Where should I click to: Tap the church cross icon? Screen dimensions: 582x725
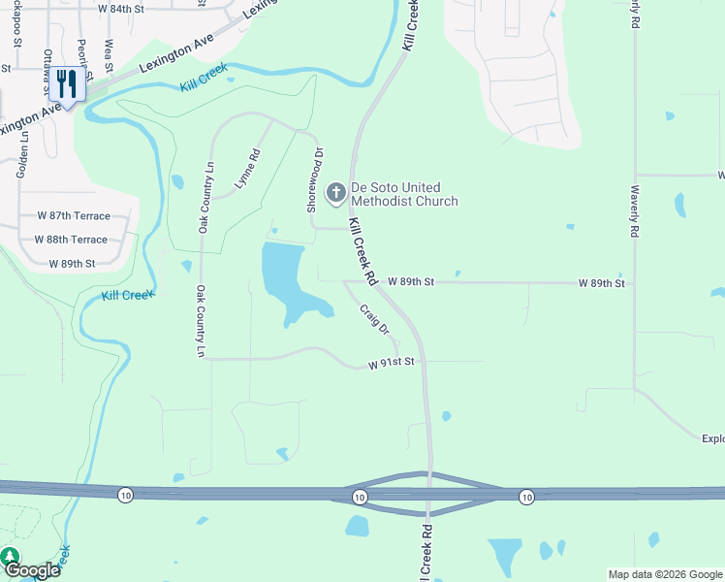[335, 193]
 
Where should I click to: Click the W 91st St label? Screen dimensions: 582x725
[391, 363]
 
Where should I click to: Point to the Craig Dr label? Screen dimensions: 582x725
[374, 320]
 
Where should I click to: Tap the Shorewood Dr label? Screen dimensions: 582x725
[312, 179]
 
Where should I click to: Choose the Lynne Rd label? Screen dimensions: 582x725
[248, 168]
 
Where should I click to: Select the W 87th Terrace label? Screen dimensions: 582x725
[74, 215]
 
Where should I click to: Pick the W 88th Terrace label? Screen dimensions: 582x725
[71, 239]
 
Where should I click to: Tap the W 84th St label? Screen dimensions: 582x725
[120, 8]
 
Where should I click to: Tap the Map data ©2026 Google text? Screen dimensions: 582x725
[665, 574]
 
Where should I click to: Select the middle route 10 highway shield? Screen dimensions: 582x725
[360, 497]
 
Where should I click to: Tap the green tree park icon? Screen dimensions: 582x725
[9, 557]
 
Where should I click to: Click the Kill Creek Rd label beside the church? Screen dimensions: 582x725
[362, 251]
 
